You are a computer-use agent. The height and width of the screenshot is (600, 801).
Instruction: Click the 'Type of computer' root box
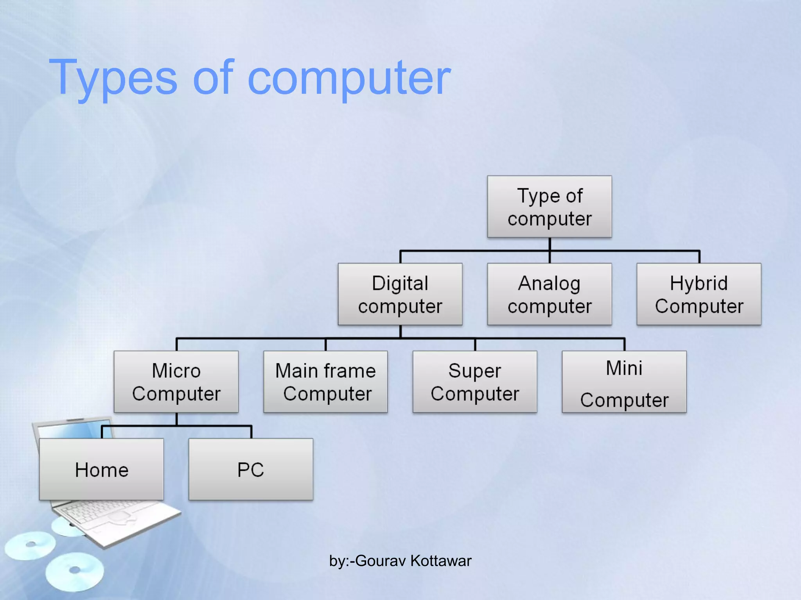click(x=549, y=207)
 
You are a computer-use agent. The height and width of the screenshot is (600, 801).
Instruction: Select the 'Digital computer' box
click(x=400, y=294)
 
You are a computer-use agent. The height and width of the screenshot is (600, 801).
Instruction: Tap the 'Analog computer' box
click(x=549, y=294)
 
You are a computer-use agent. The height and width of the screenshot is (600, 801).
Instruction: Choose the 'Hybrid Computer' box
click(x=699, y=294)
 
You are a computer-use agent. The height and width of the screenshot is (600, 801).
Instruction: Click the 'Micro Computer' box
click(x=176, y=382)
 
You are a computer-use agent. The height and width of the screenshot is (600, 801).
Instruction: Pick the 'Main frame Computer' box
click(x=325, y=382)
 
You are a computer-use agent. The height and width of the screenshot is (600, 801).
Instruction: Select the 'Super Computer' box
click(x=475, y=382)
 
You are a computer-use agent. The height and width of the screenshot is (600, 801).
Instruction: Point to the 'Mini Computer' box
click(x=624, y=382)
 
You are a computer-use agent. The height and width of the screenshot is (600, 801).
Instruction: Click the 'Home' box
click(x=101, y=469)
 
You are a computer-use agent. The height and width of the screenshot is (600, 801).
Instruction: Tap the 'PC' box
click(x=251, y=469)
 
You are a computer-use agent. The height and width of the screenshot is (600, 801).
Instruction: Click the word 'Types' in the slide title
click(x=113, y=78)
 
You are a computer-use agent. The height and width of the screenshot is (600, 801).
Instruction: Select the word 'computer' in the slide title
click(x=349, y=78)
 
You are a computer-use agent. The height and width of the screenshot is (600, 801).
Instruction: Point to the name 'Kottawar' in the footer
click(x=441, y=561)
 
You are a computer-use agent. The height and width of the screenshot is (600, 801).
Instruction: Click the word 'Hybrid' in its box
click(x=699, y=283)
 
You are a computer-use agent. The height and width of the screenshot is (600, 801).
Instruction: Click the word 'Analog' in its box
click(x=549, y=283)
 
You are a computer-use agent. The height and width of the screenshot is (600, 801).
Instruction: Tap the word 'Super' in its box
click(x=475, y=370)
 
